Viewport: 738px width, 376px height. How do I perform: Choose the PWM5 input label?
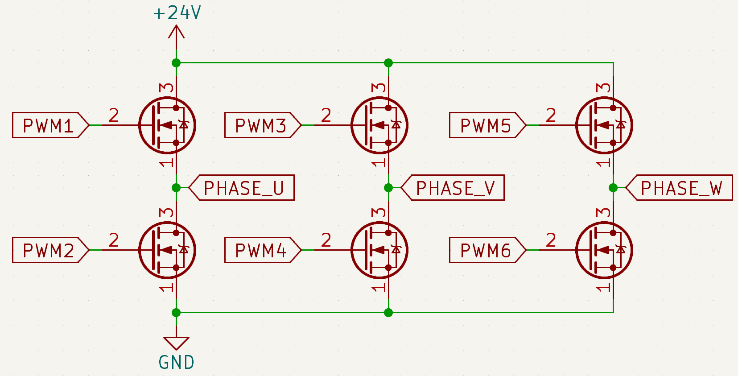tap(485, 125)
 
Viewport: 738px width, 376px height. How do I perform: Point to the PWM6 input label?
tap(485, 250)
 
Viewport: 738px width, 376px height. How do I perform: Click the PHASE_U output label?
tap(243, 188)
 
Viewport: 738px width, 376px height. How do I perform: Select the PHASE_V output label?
tap(455, 188)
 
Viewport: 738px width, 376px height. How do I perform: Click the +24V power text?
tap(177, 12)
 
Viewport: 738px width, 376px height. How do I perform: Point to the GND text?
tap(177, 363)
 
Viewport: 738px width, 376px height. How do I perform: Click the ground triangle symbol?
tap(176, 342)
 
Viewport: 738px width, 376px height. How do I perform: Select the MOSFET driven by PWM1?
tap(167, 125)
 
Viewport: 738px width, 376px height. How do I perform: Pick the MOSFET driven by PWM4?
tap(379, 250)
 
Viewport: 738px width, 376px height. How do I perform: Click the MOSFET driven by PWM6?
tap(604, 250)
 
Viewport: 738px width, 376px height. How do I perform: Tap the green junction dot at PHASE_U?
tap(176, 188)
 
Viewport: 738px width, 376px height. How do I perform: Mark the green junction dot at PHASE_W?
tap(613, 188)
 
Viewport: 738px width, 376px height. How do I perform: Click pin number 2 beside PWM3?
tap(326, 116)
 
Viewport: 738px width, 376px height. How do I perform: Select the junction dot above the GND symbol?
tap(176, 313)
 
